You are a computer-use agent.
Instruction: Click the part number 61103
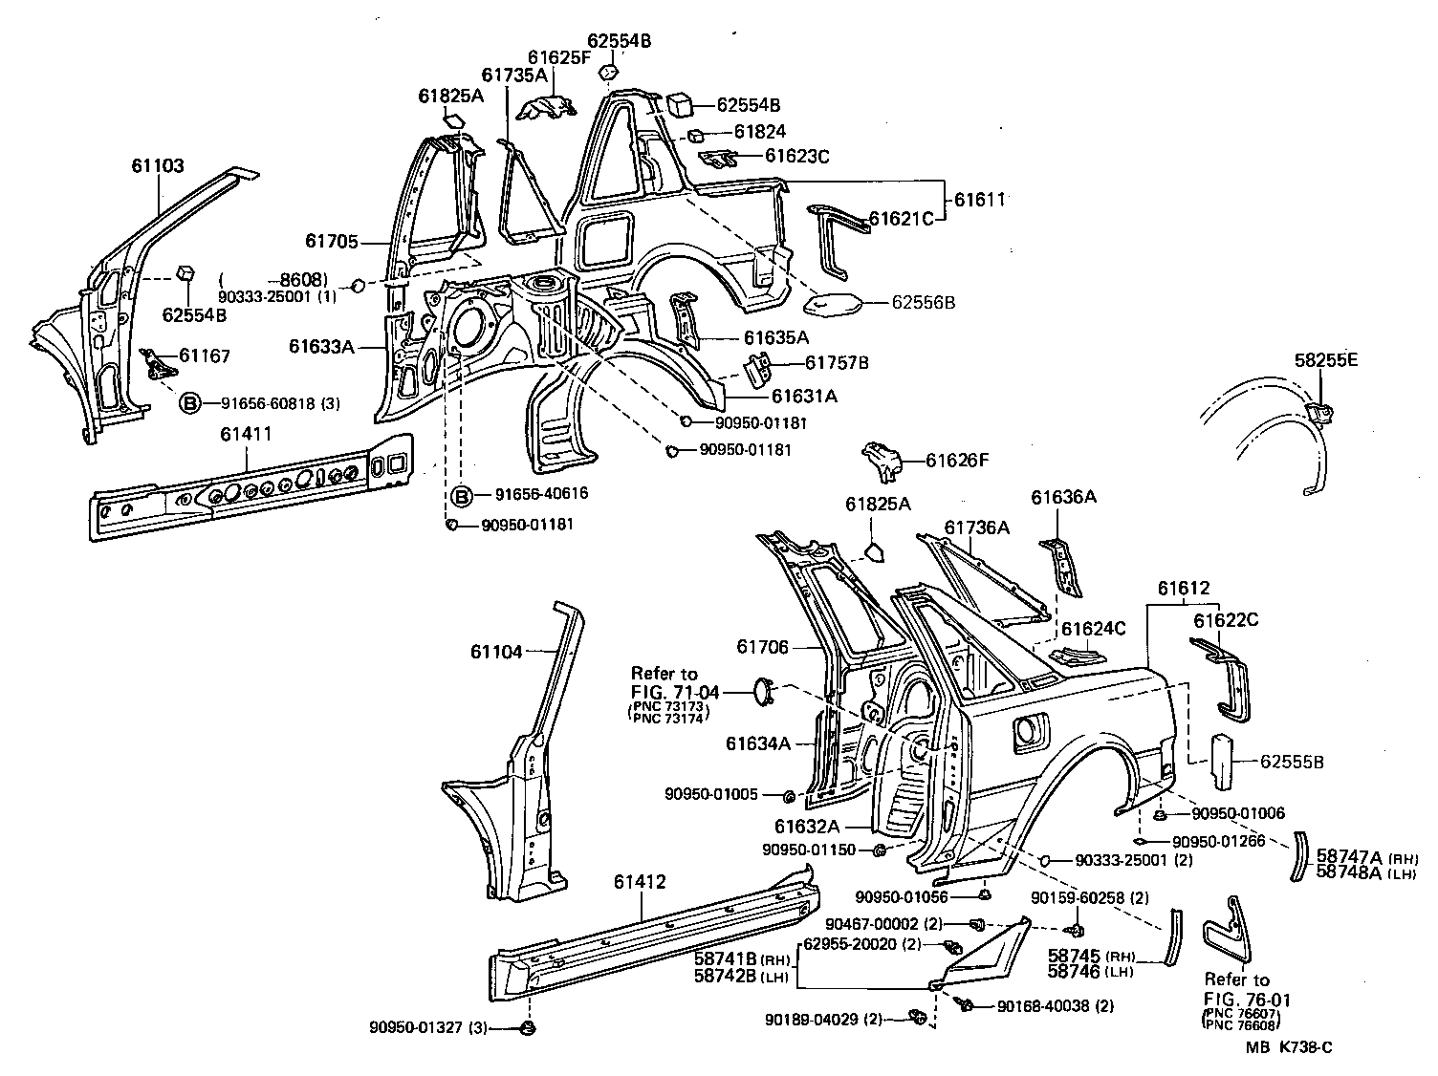point(158,165)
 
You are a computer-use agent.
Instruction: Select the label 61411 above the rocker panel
point(246,434)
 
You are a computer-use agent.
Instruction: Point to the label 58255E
point(1326,360)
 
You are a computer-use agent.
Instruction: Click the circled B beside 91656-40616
point(461,495)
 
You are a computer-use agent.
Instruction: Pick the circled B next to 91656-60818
point(189,404)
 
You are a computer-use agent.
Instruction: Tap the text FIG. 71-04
point(676,692)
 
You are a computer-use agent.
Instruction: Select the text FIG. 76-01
point(1248,1000)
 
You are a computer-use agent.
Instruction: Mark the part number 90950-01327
point(416,1028)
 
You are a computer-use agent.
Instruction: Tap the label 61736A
point(976,527)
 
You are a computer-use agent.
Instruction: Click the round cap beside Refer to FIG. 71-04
point(762,692)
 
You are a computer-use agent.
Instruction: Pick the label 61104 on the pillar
point(496,653)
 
